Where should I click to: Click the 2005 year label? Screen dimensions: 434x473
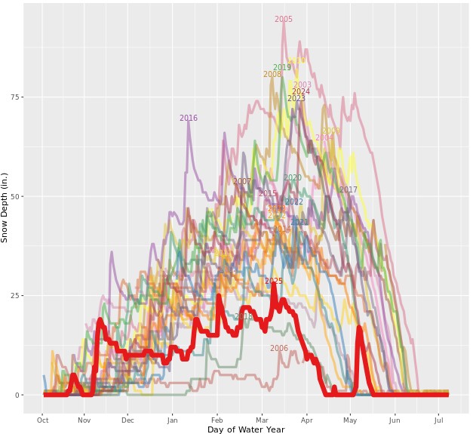pyautogui.click(x=284, y=20)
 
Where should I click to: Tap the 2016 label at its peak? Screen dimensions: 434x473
pyautogui.click(x=189, y=119)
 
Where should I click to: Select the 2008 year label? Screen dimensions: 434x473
pyautogui.click(x=272, y=75)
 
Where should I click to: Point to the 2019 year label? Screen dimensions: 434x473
pyautogui.click(x=282, y=68)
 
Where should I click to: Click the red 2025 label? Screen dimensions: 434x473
pyautogui.click(x=274, y=282)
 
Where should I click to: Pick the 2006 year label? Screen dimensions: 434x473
pyautogui.click(x=279, y=349)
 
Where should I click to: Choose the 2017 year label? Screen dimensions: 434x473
pyautogui.click(x=349, y=190)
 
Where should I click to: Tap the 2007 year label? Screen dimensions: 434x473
pyautogui.click(x=242, y=182)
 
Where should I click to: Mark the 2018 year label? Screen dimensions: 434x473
pyautogui.click(x=244, y=317)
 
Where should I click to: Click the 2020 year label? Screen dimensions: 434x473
pyautogui.click(x=293, y=178)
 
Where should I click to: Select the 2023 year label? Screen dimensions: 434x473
pyautogui.click(x=296, y=99)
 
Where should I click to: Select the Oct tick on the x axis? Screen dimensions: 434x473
pyautogui.click(x=43, y=420)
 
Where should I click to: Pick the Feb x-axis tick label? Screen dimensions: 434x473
pyautogui.click(x=217, y=420)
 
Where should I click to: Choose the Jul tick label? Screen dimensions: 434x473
pyautogui.click(x=438, y=420)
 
